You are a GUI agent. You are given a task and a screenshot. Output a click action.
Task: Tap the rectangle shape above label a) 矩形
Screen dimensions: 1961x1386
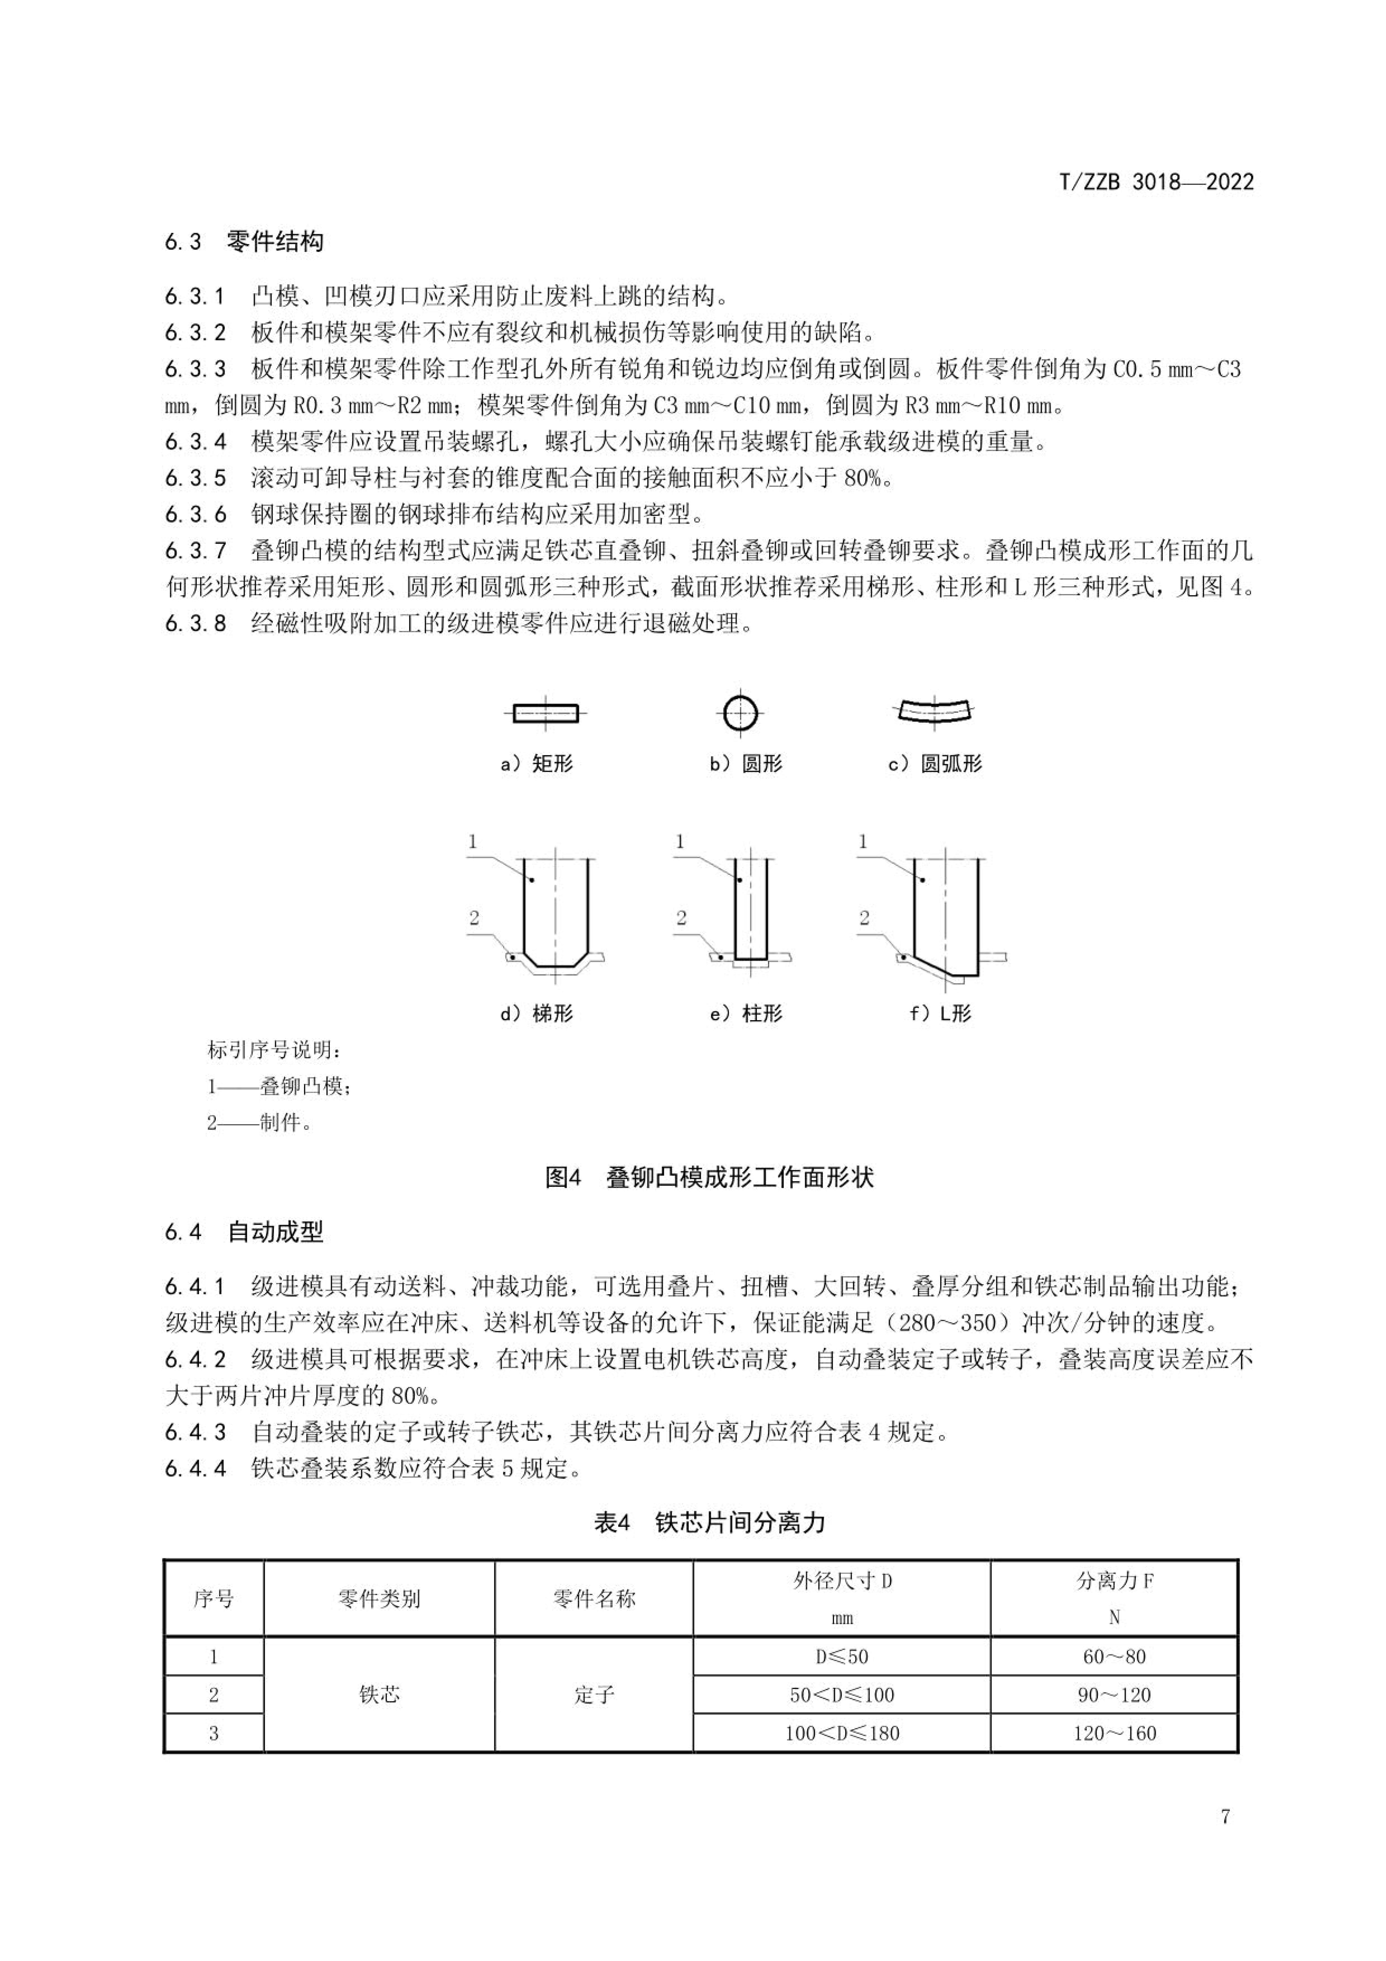(x=545, y=712)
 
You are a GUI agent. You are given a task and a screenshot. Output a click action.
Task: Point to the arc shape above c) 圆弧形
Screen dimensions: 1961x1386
(x=935, y=710)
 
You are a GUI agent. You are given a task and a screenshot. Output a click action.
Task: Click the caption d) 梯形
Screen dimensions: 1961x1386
(x=536, y=1014)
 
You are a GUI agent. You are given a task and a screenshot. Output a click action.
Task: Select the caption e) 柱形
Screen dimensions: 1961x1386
(x=746, y=1014)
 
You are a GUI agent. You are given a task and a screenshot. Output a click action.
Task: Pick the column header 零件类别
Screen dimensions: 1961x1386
(x=379, y=1599)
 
